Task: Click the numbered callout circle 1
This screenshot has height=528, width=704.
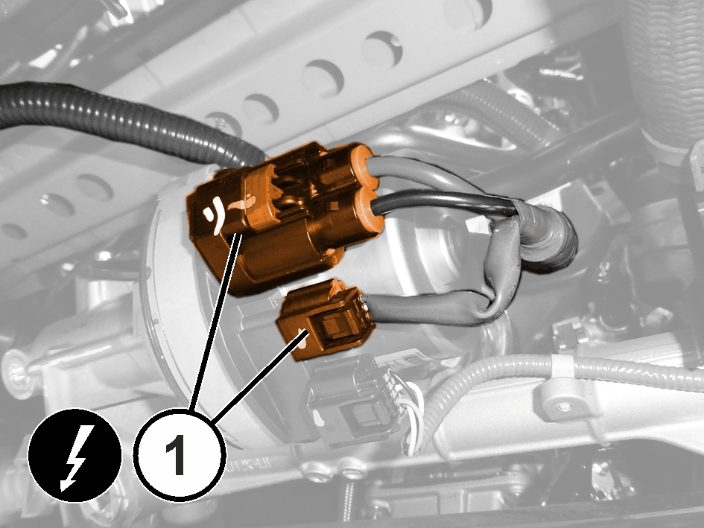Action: point(180,454)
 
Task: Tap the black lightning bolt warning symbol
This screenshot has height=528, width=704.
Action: point(74,455)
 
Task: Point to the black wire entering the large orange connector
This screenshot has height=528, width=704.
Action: point(445,200)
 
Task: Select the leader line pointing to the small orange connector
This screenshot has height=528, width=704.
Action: point(261,376)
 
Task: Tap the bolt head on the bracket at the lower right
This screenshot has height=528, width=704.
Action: point(564,407)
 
